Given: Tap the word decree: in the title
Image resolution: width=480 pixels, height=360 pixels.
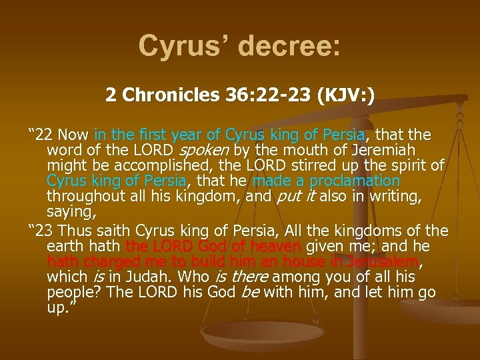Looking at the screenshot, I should pyautogui.click(x=287, y=46).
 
